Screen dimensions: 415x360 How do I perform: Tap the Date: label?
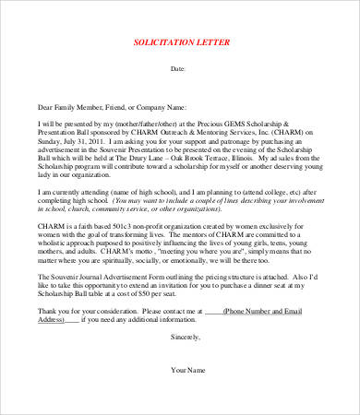point(180,68)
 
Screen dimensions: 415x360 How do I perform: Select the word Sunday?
point(51,137)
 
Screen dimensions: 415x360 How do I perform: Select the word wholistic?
point(57,243)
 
